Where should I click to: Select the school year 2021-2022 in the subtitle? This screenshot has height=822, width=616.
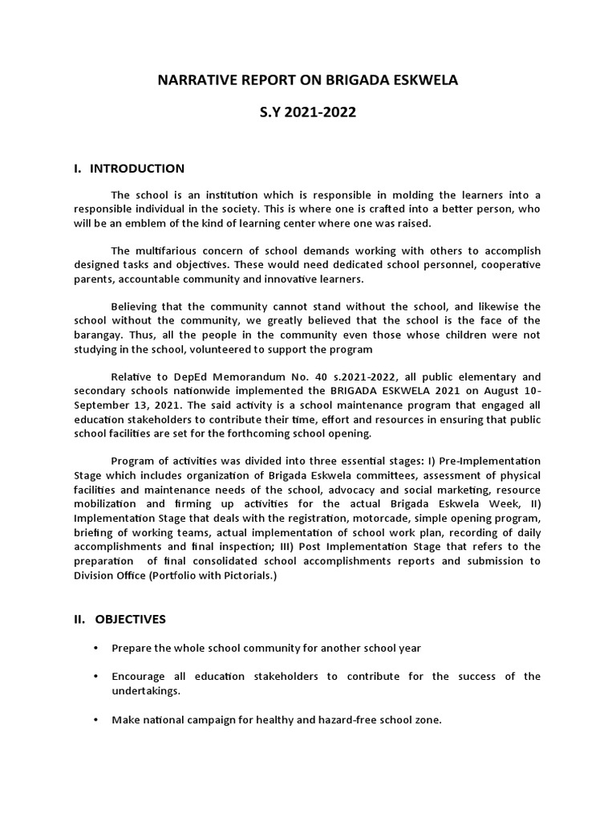pos(323,113)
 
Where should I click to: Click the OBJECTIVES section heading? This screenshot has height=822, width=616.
pos(131,619)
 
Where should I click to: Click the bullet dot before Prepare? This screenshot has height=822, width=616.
pos(96,647)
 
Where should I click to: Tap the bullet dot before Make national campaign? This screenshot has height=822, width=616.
pos(96,720)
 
